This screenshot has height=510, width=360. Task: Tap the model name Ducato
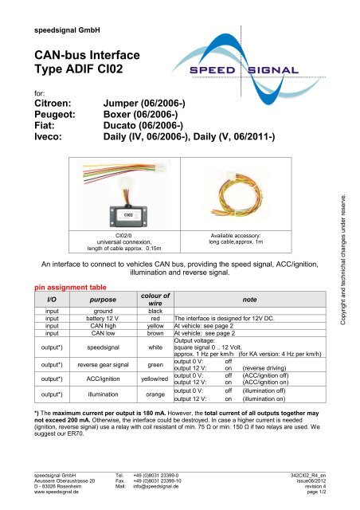pyautogui.click(x=127, y=138)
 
